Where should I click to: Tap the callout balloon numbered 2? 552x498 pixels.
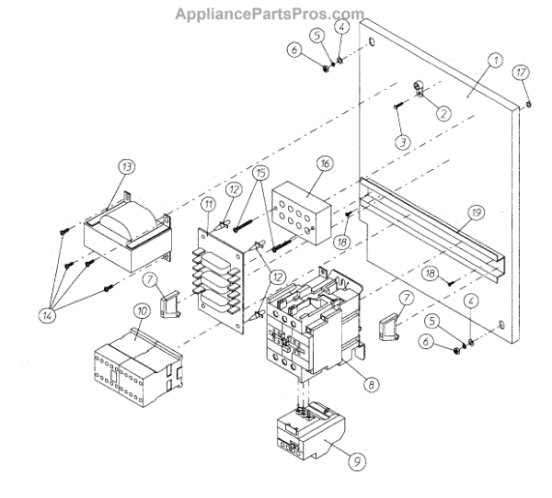pyautogui.click(x=443, y=114)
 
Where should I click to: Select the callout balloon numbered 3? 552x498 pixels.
pyautogui.click(x=402, y=141)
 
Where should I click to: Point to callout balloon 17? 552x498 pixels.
pyautogui.click(x=521, y=72)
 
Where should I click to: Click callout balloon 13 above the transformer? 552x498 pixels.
pyautogui.click(x=126, y=167)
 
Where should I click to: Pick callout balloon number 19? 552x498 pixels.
pyautogui.click(x=473, y=212)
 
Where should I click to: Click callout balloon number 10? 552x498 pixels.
pyautogui.click(x=142, y=312)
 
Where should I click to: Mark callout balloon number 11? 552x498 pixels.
pyautogui.click(x=209, y=204)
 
